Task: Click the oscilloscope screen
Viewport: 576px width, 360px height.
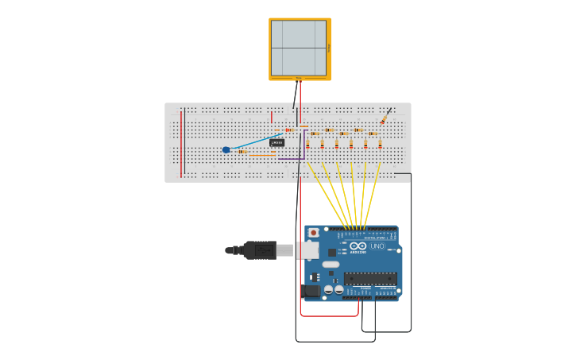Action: (299, 48)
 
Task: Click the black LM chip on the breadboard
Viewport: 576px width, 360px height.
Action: (276, 142)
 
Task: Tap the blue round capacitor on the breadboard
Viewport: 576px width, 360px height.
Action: (226, 149)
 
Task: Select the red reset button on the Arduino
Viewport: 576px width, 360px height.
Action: (313, 233)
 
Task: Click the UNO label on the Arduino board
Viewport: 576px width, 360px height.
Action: (377, 246)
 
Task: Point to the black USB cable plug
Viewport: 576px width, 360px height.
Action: (259, 250)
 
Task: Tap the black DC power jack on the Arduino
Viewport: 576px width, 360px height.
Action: (311, 291)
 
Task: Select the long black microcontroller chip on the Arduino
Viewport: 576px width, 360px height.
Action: (370, 278)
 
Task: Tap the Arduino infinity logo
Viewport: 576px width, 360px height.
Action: (358, 246)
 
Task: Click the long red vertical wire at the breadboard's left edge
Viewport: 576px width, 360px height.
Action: (181, 143)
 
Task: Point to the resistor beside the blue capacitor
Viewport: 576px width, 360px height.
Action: (242, 151)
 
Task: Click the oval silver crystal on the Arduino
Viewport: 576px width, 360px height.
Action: (331, 264)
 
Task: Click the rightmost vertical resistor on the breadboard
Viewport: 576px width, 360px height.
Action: (380, 145)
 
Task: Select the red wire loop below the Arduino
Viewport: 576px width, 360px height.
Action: (330, 315)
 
